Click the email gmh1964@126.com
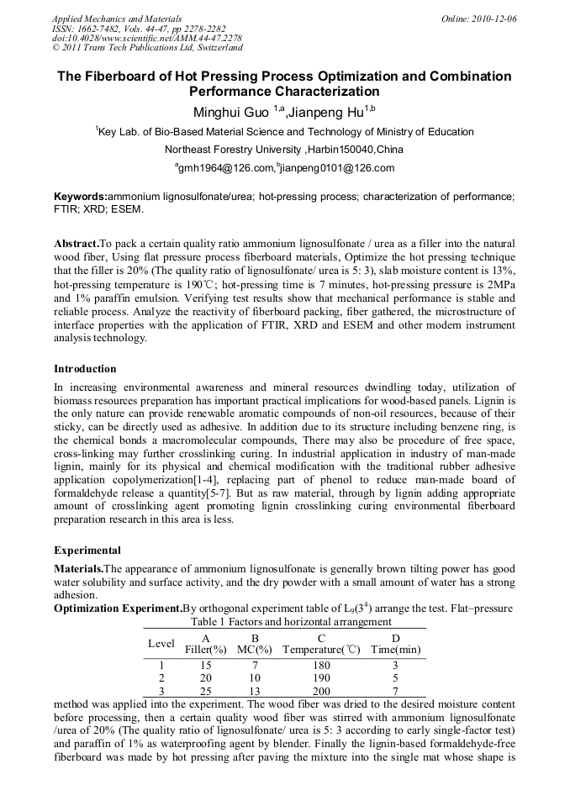coord(224,168)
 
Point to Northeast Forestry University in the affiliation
coord(233,150)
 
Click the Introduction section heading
coord(85,369)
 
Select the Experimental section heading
coord(87,551)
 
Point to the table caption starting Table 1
coord(279,622)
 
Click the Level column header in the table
coord(161,644)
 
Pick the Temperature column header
coord(321,650)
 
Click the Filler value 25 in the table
coord(206,690)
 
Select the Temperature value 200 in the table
coord(321,690)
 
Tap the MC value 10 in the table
coord(255,677)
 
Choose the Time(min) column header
coord(395,650)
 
